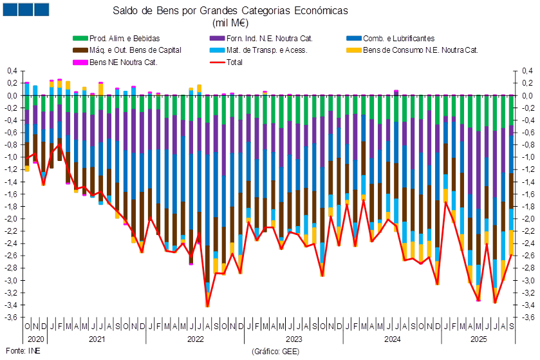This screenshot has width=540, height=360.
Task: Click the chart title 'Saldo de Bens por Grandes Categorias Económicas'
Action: point(230,11)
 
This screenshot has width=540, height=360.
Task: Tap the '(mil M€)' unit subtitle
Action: point(230,23)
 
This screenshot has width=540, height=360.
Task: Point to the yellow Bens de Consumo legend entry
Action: point(419,50)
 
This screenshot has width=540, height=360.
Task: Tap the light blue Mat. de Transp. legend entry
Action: point(267,50)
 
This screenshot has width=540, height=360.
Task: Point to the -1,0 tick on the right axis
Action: point(528,157)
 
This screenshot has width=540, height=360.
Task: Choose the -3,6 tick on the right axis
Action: point(528,317)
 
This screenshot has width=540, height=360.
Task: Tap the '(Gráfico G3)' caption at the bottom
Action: point(272,352)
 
